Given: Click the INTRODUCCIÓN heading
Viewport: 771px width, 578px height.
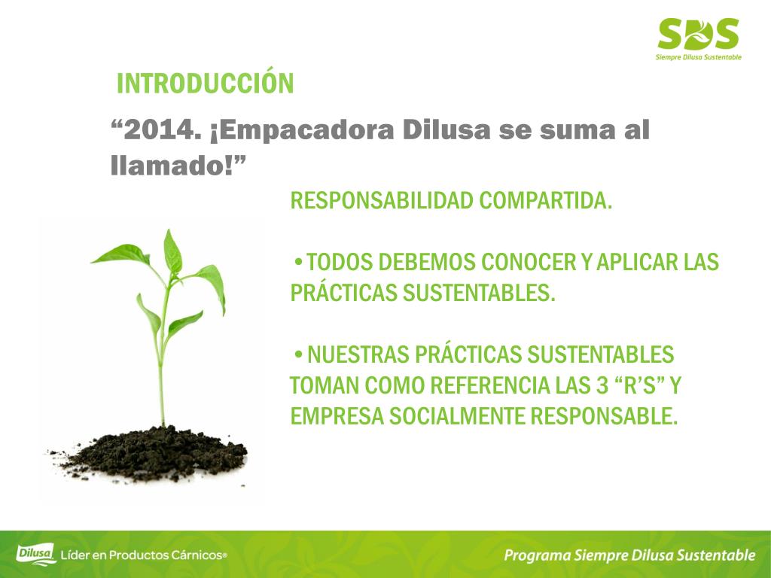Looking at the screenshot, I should [x=205, y=84].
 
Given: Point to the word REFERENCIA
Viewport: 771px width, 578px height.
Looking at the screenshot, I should [x=489, y=385].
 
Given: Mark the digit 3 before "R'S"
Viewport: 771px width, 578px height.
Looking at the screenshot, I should [x=602, y=385].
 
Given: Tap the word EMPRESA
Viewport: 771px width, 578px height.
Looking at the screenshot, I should [x=337, y=416].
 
